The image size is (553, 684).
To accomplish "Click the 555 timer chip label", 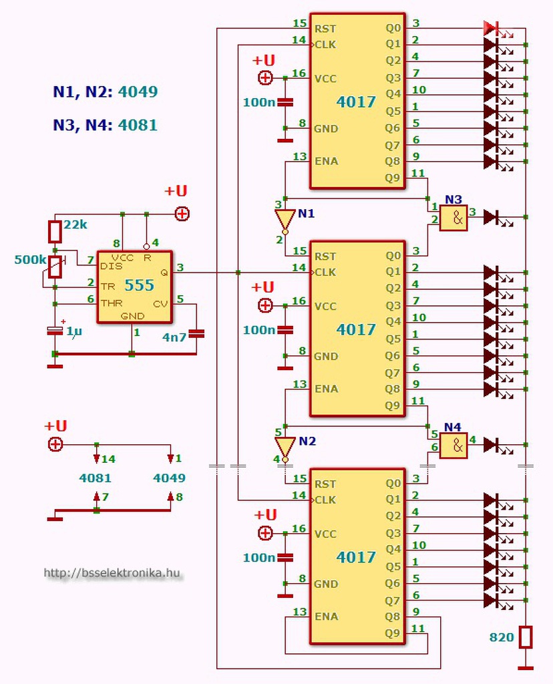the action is click(x=139, y=285).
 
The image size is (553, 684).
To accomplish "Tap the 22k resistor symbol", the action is click(x=55, y=232).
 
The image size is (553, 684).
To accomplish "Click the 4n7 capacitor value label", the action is click(x=174, y=337).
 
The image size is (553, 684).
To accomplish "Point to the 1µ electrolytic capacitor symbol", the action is click(x=55, y=331).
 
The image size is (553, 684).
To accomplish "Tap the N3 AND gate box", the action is click(x=453, y=218).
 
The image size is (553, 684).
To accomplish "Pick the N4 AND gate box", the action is click(x=453, y=446).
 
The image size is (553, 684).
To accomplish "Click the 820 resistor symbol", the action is click(x=526, y=637).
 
